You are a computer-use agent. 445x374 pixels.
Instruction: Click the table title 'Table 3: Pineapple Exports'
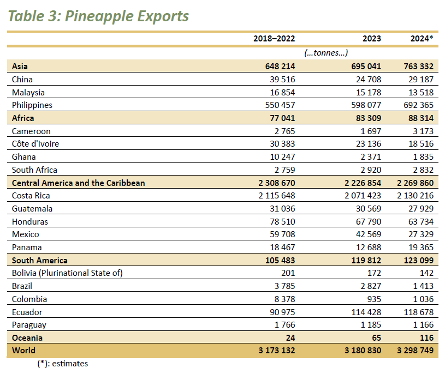tap(98, 16)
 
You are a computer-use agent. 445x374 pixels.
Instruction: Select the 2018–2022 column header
tap(274, 38)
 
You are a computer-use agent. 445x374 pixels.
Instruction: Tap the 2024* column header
tap(422, 38)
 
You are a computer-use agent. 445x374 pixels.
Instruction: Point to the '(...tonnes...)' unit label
tap(326, 53)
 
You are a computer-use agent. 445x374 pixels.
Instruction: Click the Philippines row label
tap(32, 105)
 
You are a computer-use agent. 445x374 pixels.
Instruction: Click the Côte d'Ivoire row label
tap(35, 144)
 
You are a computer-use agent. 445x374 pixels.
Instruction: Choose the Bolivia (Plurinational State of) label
tap(67, 273)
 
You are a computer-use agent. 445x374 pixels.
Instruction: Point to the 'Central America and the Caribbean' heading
tap(79, 183)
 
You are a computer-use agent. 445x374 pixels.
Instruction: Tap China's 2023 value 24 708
tap(366, 80)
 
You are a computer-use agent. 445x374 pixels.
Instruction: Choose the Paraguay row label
tap(29, 325)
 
